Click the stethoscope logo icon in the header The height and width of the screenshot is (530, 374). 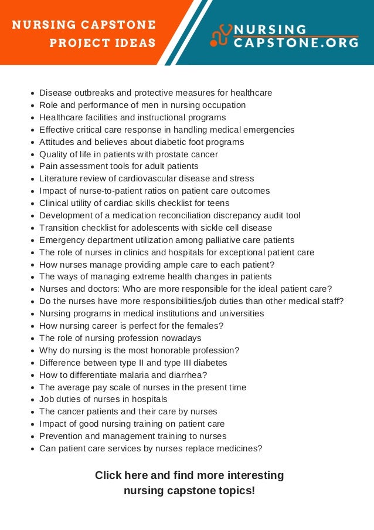(221, 35)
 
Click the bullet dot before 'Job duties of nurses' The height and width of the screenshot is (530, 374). (32, 400)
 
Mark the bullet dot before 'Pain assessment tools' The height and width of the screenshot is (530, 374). (32, 167)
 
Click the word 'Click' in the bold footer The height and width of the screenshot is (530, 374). (108, 475)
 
